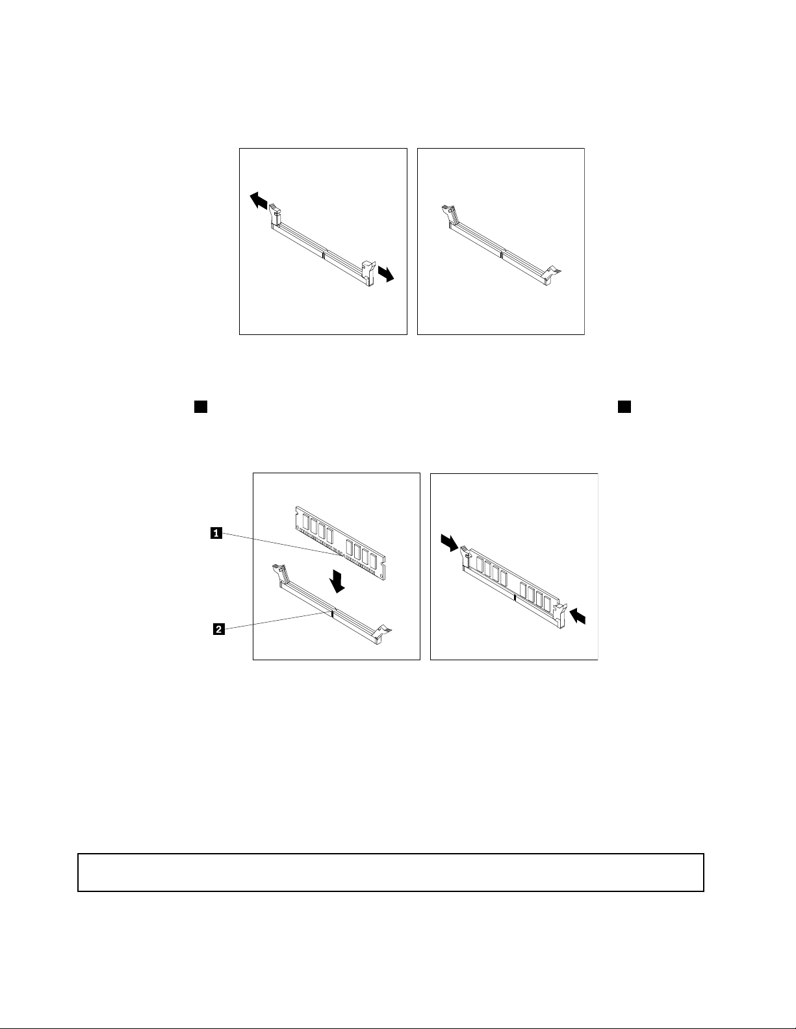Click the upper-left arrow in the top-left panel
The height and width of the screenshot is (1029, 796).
tap(259, 200)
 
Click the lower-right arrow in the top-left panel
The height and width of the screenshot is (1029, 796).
tap(386, 274)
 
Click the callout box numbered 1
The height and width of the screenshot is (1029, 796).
tap(216, 533)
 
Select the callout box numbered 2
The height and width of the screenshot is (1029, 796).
tap(218, 629)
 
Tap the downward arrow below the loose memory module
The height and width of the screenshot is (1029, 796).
tap(339, 582)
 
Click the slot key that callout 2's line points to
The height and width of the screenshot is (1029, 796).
tap(333, 614)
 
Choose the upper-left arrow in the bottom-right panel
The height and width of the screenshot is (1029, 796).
tap(450, 543)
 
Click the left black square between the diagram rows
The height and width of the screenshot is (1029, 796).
tap(201, 407)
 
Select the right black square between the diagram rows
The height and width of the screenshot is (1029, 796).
tap(624, 407)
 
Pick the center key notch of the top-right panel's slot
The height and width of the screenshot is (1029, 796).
tap(502, 254)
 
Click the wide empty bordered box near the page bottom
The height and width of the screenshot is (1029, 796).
tap(391, 873)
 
